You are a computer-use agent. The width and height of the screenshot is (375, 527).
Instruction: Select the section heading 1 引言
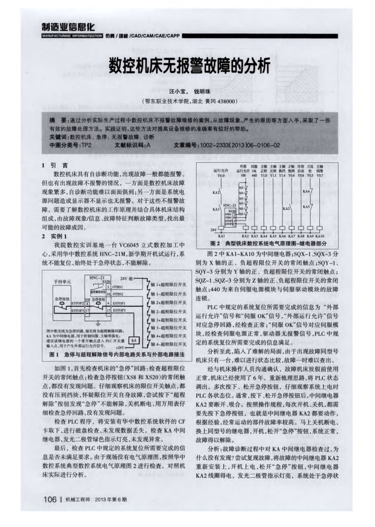[x=55, y=165]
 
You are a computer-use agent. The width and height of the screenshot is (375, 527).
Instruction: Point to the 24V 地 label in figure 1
[x=129, y=279]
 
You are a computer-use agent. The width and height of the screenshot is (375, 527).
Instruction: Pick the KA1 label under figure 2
[x=221, y=235]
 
